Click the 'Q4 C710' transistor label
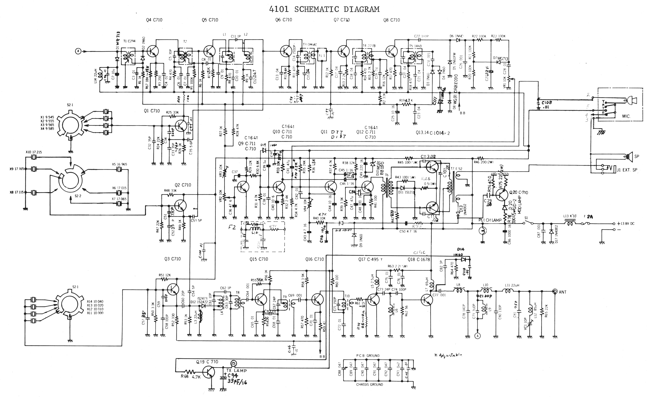[x=154, y=20]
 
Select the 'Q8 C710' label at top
[x=391, y=20]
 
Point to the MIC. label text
[x=626, y=116]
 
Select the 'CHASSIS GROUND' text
[x=369, y=384]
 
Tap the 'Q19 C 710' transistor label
[x=207, y=362]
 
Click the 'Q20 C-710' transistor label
[x=518, y=192]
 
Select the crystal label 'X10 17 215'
[x=34, y=152]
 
